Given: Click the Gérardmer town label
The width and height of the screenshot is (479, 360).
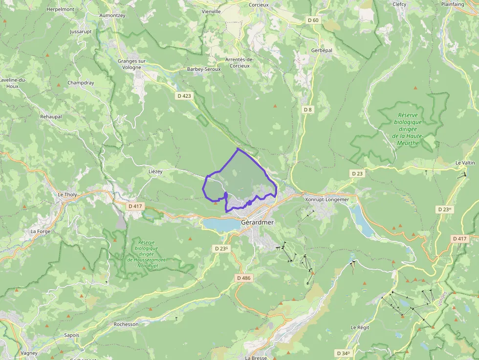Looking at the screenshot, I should [258, 222].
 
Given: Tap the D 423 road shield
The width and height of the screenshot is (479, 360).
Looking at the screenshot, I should [184, 96].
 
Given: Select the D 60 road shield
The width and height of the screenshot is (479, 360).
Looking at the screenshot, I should [313, 20].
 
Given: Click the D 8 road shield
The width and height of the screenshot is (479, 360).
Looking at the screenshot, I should [307, 109].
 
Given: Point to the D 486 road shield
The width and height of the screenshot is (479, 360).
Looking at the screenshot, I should [243, 278].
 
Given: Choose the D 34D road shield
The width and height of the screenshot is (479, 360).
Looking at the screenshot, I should [344, 353].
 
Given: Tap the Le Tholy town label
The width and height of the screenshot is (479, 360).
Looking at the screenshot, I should [67, 194].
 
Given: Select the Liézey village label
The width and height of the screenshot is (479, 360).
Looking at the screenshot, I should [155, 171].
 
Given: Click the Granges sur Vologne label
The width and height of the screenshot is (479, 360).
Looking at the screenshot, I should [132, 64].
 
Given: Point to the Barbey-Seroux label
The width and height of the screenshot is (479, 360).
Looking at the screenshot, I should [204, 69].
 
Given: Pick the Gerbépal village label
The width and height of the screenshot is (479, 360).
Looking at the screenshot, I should [322, 51].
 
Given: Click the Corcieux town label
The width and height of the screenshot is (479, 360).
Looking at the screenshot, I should [259, 4].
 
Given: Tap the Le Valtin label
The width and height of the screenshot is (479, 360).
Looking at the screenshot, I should [465, 163].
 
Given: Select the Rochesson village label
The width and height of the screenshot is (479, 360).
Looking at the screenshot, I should [126, 324].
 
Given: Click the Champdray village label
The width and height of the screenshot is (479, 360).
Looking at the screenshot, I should [81, 83].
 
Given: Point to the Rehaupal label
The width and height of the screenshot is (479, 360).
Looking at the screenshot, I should [51, 117].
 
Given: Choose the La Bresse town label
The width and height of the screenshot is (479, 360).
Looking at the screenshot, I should [256, 357].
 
